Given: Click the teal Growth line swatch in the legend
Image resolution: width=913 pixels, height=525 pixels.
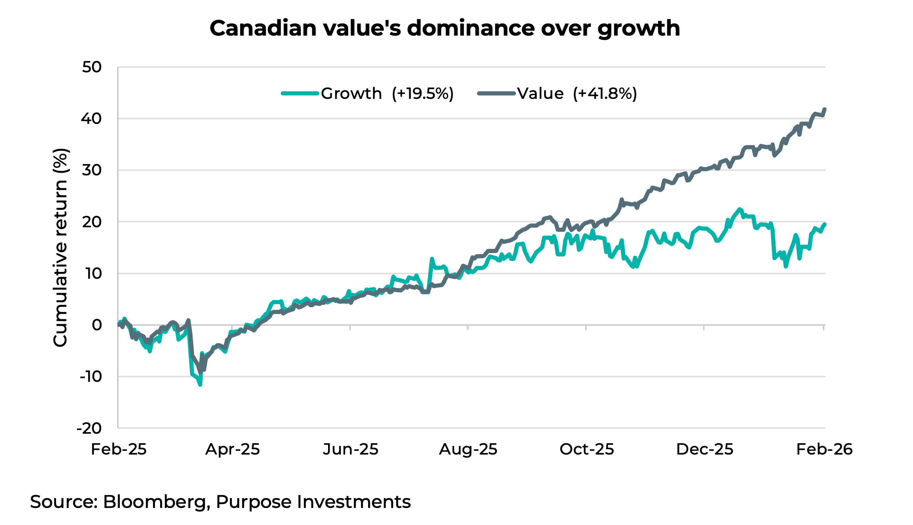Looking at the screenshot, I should coord(300,93).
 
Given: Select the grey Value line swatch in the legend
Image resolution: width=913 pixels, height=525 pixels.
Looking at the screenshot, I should coord(496,93).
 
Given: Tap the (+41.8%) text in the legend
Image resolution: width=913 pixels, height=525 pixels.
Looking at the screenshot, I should coord(605,94).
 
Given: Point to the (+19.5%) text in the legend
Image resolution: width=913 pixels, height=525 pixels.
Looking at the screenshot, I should coord(422,94).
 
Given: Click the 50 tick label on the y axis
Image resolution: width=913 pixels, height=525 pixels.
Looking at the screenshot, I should coord(92,67).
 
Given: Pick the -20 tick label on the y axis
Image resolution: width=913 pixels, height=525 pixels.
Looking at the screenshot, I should coord(89,428).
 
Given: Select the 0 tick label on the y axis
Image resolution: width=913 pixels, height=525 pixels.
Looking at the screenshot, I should coord(97,325).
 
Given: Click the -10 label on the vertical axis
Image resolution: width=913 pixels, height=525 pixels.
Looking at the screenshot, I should coord(91,377).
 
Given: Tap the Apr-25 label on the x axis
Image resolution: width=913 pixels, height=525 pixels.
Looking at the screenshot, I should coord(232,450).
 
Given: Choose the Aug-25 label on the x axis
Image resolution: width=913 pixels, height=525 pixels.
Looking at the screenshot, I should coord(468,450).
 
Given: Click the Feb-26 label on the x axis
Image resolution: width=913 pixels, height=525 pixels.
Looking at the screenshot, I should coord(824,450).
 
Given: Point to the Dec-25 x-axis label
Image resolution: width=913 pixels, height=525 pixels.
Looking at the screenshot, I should coord(704,450).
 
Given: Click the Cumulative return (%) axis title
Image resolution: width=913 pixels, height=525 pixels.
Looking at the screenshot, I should coord(60,247).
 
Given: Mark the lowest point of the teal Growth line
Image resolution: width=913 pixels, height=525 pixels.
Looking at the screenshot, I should coord(200,385).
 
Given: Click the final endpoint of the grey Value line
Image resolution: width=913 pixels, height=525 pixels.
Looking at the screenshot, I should coord(825,109).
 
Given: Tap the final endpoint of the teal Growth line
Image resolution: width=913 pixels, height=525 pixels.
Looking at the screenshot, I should coord(825,224).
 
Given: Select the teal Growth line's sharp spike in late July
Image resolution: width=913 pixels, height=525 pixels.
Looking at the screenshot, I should coord(431,259).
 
